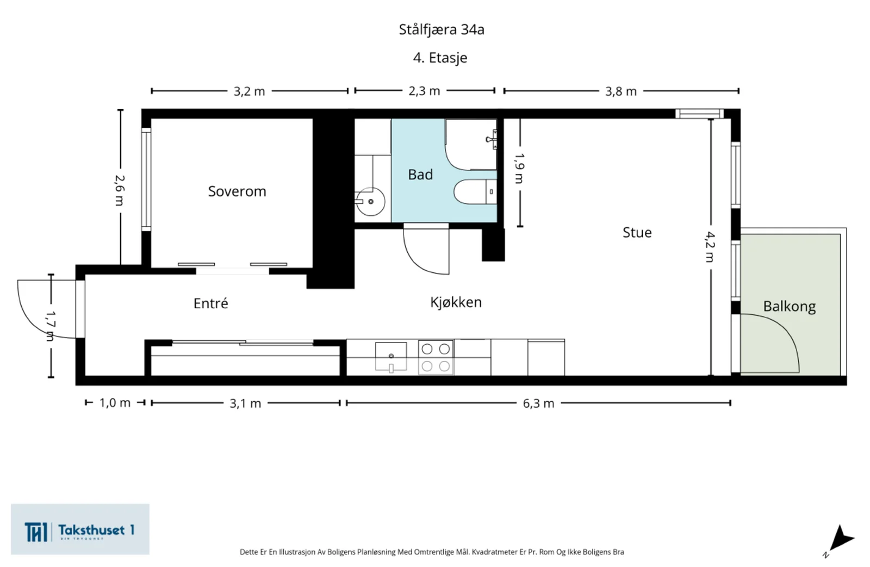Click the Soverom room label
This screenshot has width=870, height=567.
coord(237,191)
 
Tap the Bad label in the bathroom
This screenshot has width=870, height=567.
coord(420,175)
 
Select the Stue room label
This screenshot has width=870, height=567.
coord(637,232)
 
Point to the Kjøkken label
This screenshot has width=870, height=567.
coord(456,302)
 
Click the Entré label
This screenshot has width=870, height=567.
coord(210,303)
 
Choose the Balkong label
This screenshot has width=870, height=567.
coord(789,307)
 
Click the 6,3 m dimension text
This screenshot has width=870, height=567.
coord(538,403)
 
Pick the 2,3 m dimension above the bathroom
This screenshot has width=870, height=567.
coord(424,91)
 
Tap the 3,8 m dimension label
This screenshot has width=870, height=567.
coord(620,91)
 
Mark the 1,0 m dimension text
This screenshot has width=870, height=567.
coord(115,403)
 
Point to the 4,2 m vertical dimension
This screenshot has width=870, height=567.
coord(710,247)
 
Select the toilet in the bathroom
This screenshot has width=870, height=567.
coord(475,192)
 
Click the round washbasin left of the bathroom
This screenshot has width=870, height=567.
coord(370,202)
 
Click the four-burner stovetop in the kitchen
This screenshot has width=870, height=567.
coord(436,358)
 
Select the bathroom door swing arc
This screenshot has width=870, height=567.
coord(419,260)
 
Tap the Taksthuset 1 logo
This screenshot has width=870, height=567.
coord(80,529)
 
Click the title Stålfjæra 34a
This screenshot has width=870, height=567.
coord(442,29)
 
